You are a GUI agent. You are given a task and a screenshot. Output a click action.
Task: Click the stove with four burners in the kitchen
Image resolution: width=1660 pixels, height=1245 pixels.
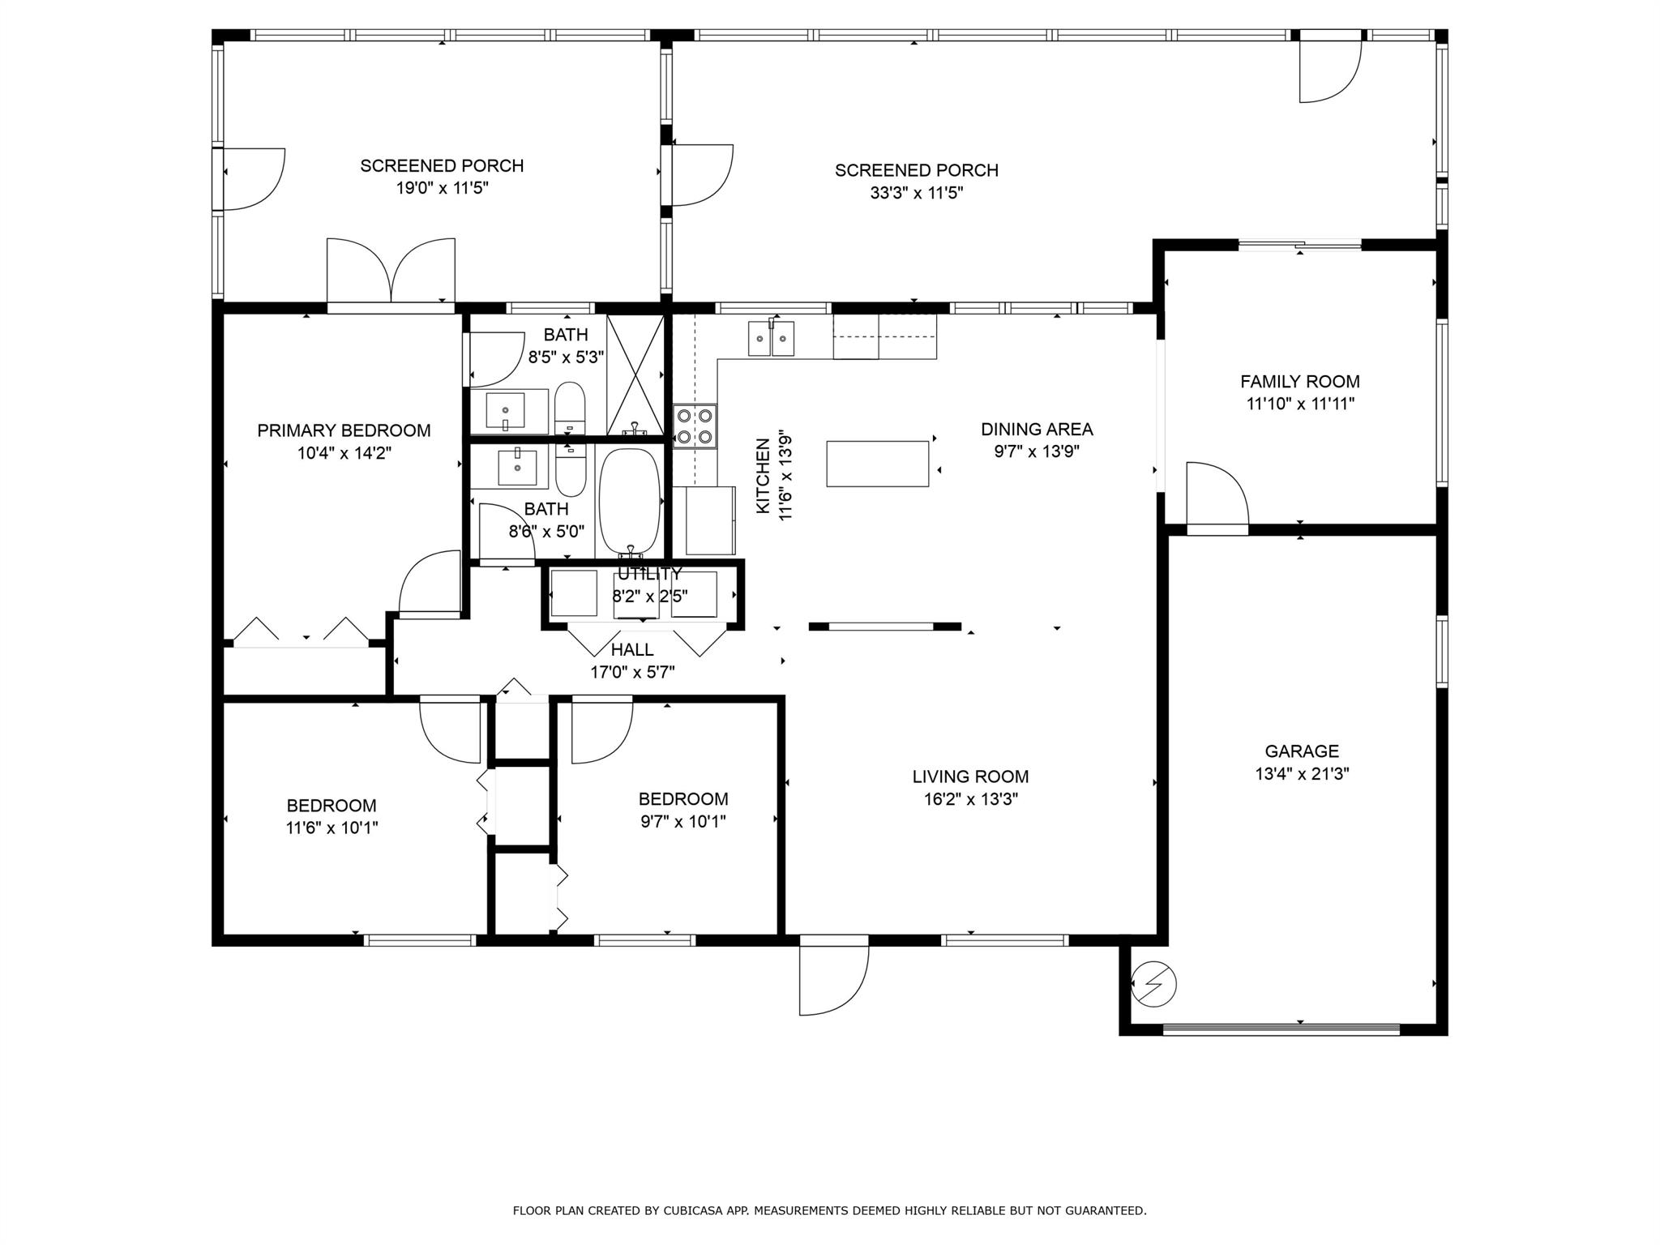(695, 426)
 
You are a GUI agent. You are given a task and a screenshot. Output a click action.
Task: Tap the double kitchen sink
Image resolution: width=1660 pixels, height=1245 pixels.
(771, 338)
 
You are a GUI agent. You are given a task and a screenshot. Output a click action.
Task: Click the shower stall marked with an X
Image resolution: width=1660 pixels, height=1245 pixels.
(635, 374)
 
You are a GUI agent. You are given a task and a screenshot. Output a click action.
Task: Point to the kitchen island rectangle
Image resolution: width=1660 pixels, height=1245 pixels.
(877, 464)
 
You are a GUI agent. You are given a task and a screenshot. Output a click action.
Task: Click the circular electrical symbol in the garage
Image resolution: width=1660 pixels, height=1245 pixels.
(1153, 984)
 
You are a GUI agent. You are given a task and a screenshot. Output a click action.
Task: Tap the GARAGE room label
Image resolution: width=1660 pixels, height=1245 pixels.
(1302, 751)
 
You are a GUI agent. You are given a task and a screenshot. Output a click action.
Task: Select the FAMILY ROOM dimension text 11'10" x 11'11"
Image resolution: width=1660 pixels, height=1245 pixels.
(1300, 404)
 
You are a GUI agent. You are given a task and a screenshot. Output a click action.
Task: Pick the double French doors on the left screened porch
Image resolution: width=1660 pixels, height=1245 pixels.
(391, 272)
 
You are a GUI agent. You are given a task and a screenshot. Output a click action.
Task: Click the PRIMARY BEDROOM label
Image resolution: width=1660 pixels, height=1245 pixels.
(344, 430)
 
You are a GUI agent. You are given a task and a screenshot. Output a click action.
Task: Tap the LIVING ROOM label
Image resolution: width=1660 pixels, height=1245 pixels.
(970, 777)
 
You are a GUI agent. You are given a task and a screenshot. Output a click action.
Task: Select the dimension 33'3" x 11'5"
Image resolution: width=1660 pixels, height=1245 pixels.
(916, 193)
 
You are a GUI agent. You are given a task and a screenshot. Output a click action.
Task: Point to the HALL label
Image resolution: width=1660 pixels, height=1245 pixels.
(632, 649)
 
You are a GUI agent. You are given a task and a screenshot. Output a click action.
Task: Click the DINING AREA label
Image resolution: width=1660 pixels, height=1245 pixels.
(1037, 429)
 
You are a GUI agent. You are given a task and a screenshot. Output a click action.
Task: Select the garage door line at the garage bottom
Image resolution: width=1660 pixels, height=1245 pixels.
(1281, 1030)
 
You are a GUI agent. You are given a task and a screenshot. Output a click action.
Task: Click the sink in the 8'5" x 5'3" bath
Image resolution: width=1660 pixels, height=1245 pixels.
(506, 409)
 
